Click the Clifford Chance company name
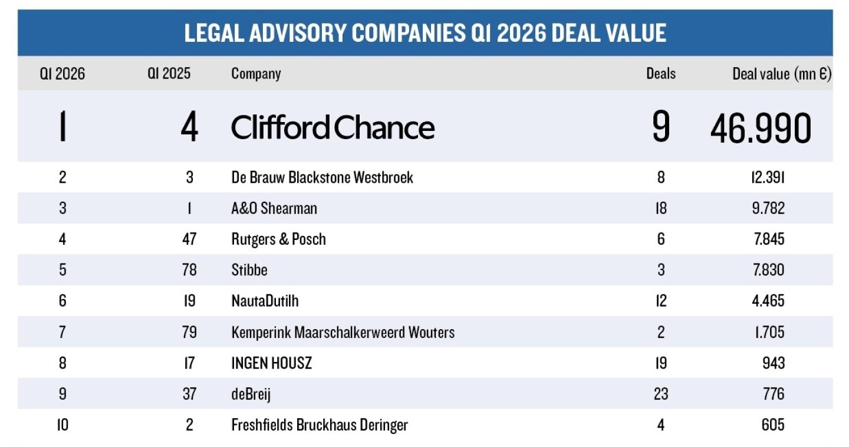tap(333, 127)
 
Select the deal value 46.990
tap(761, 129)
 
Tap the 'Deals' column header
tap(660, 74)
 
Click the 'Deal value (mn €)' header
tap(781, 74)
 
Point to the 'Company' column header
tap(256, 74)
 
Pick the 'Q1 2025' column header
tap(169, 74)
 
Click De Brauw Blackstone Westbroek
tap(322, 178)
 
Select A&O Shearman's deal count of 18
tap(660, 208)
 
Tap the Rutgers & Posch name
tap(278, 239)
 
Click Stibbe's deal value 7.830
tap(768, 269)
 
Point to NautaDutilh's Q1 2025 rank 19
tap(189, 301)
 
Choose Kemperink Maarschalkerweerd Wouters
tap(343, 332)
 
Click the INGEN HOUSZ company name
tap(271, 363)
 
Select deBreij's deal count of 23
tap(660, 393)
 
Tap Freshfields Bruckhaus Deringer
tap(319, 425)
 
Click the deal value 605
tap(772, 425)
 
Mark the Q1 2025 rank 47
tap(189, 239)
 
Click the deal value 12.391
tap(768, 178)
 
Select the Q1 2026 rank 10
tap(62, 425)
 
